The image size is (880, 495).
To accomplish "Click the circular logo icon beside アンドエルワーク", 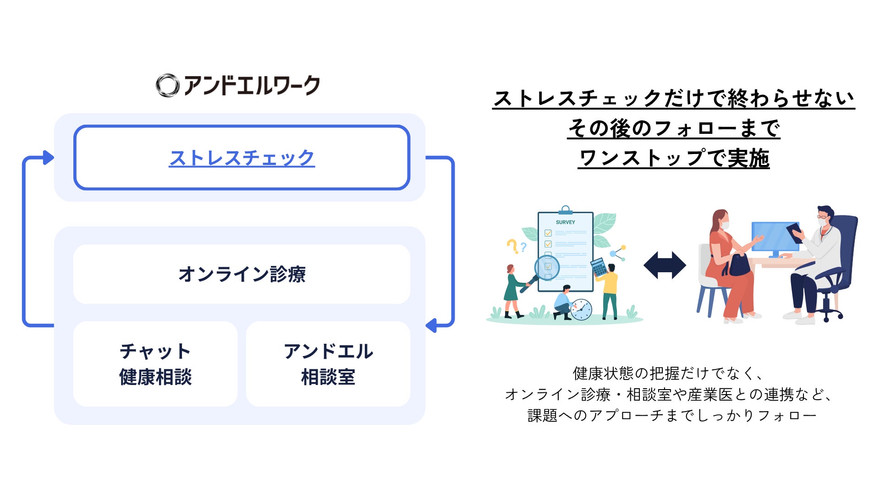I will pyautogui.click(x=167, y=86).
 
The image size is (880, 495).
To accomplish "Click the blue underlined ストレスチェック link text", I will pyautogui.click(x=242, y=158).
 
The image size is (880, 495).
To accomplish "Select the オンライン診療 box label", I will pyautogui.click(x=242, y=274).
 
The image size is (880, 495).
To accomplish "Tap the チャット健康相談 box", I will pyautogui.click(x=155, y=364).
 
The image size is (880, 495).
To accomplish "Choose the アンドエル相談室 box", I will pyautogui.click(x=328, y=364).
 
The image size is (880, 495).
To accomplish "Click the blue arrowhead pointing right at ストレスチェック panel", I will pyautogui.click(x=48, y=158).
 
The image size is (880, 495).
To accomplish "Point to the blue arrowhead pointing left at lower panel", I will pyautogui.click(x=431, y=325).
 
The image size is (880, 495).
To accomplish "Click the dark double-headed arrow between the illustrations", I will pyautogui.click(x=665, y=265).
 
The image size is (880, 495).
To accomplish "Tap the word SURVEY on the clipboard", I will pyautogui.click(x=565, y=222).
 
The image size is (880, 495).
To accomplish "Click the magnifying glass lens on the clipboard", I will pyautogui.click(x=547, y=268).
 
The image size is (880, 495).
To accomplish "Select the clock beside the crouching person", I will pyautogui.click(x=581, y=309).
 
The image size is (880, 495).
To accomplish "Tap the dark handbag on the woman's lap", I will pyautogui.click(x=738, y=266).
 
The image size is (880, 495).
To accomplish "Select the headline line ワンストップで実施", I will pyautogui.click(x=673, y=158).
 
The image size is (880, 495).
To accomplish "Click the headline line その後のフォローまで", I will pyautogui.click(x=674, y=128).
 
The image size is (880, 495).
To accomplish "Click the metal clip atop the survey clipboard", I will pyautogui.click(x=566, y=210).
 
